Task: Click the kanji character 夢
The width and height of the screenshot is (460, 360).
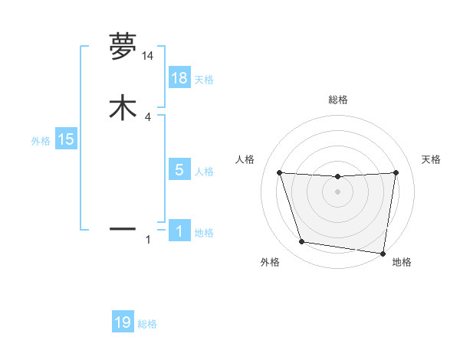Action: click(123, 47)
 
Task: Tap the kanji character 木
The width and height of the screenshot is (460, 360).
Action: click(123, 106)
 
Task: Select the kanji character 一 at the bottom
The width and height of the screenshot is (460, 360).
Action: click(123, 228)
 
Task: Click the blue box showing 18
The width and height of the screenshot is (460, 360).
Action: click(179, 78)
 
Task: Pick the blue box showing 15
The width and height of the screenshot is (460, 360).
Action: click(66, 139)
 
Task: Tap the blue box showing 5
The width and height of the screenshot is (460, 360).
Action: click(179, 170)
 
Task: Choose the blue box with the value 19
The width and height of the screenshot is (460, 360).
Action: click(123, 322)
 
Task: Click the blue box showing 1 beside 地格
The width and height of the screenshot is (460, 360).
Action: click(179, 231)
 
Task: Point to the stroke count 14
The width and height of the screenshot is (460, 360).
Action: click(148, 56)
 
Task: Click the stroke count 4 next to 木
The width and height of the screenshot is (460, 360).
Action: click(148, 116)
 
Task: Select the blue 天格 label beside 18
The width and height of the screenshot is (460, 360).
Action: click(204, 80)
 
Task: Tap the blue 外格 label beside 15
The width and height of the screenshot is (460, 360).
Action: click(41, 141)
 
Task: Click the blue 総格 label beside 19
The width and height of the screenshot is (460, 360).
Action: click(147, 324)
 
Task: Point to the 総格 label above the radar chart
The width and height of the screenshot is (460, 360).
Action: click(338, 100)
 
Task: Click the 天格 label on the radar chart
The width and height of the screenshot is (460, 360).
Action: click(432, 159)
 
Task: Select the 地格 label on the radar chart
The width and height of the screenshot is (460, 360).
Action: click(402, 262)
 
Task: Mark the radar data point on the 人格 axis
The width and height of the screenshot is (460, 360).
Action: click(279, 172)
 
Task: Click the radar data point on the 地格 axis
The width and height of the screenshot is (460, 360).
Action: click(383, 253)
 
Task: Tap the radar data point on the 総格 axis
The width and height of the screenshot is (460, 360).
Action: click(338, 177)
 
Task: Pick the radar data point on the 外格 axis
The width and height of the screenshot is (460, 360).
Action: click(302, 242)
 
